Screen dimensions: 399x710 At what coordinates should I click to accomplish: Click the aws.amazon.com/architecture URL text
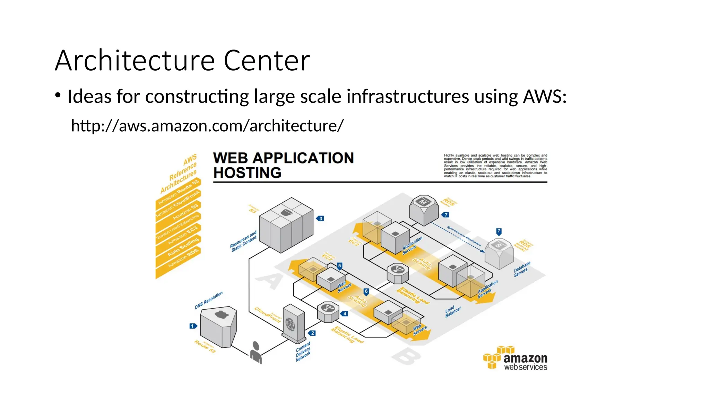click(207, 126)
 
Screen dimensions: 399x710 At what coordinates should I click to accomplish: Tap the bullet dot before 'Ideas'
click(58, 95)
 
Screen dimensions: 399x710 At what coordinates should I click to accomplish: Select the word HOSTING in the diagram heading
click(247, 173)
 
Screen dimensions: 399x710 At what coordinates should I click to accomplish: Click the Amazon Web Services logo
click(515, 358)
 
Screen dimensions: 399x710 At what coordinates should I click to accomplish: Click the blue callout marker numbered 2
click(312, 333)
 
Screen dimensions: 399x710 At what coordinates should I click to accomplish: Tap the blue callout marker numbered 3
click(320, 219)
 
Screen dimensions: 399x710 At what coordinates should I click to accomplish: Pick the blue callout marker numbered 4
click(344, 313)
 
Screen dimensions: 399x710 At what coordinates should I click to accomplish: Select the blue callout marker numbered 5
click(339, 266)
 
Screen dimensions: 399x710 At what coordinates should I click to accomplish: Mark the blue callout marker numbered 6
click(366, 292)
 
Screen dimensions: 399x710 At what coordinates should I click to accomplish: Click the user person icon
click(256, 353)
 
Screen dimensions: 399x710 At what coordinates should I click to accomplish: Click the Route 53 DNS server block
click(218, 326)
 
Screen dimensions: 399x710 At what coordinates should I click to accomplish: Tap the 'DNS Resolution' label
click(208, 300)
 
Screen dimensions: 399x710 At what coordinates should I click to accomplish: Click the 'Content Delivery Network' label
click(303, 352)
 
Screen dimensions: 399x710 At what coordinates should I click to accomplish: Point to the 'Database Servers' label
click(522, 269)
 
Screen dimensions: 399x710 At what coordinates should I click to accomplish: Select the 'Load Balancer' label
click(453, 311)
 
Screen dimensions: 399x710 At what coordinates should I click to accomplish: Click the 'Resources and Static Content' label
click(243, 241)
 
